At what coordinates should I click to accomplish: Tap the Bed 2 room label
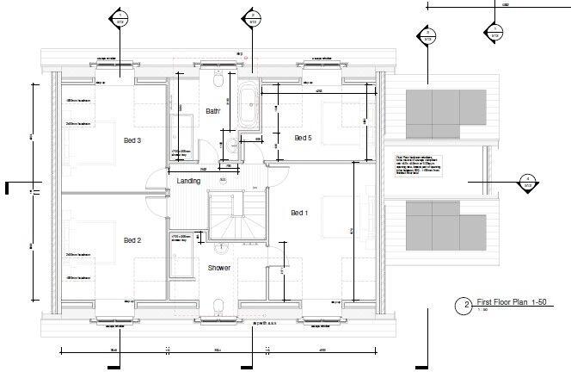pyautogui.click(x=132, y=240)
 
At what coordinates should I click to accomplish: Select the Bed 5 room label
pyautogui.click(x=304, y=138)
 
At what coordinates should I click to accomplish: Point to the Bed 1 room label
pyautogui.click(x=299, y=213)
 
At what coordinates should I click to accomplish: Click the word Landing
pyautogui.click(x=189, y=182)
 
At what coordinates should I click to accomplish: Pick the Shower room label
pyautogui.click(x=219, y=268)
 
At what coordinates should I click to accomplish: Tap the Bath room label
pyautogui.click(x=213, y=112)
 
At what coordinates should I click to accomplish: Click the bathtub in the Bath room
pyautogui.click(x=250, y=106)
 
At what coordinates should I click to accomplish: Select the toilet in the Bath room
pyautogui.click(x=219, y=81)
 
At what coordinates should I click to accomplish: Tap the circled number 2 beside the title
pyautogui.click(x=465, y=305)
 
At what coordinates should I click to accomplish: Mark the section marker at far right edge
pyautogui.click(x=526, y=182)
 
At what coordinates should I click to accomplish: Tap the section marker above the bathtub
pyautogui.click(x=252, y=18)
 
